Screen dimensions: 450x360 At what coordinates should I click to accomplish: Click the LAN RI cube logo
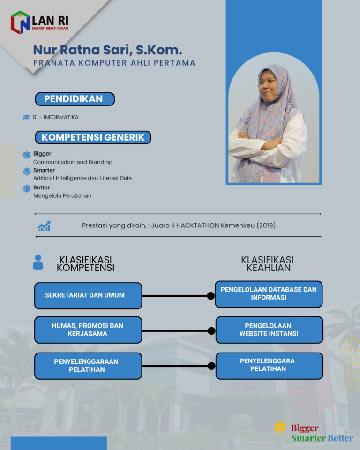tap(20, 22)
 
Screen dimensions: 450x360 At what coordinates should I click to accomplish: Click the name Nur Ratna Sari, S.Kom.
tap(107, 50)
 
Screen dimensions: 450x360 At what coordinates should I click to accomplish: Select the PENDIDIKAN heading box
tap(75, 99)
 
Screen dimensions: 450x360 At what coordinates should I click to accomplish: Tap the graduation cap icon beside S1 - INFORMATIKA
tap(26, 117)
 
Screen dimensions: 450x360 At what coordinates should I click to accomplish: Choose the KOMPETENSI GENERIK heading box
tap(93, 137)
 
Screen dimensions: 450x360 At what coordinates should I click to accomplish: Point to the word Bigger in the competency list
tap(42, 154)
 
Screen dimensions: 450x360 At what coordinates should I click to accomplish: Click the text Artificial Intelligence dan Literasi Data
tap(82, 178)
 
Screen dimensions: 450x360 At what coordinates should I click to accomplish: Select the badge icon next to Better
tap(27, 188)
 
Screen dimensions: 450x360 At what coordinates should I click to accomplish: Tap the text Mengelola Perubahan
tap(62, 196)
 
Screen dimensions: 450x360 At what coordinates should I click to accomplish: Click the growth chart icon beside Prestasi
tap(45, 226)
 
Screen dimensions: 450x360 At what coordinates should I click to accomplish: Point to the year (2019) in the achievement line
tap(266, 225)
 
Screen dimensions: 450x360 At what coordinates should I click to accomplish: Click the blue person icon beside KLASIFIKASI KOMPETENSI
tap(38, 262)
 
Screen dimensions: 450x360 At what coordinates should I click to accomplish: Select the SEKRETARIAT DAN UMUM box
tap(88, 295)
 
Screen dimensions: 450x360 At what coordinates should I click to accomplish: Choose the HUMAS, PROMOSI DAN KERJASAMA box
tap(88, 330)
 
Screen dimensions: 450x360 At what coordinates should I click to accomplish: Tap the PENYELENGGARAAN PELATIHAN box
tap(88, 366)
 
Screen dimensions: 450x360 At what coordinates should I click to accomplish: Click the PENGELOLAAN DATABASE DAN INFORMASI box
tap(269, 294)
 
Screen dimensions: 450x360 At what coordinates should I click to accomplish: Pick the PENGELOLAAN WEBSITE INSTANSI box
tap(269, 330)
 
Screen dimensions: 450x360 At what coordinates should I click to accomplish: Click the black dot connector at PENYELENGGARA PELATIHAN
tap(211, 366)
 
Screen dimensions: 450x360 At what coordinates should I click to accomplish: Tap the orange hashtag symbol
tap(280, 427)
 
